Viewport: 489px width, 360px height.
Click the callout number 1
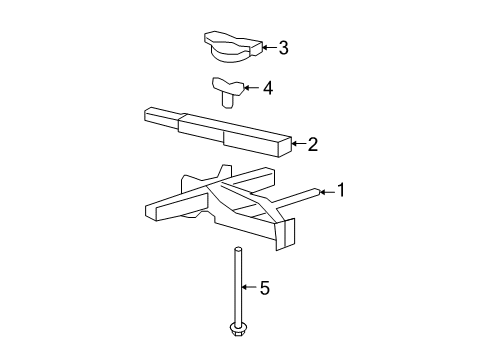tap(341, 189)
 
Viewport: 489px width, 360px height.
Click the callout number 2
tap(312, 144)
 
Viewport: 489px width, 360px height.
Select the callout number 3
tap(283, 47)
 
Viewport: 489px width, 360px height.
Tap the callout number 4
tap(267, 88)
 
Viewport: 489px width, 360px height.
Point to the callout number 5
tap(264, 289)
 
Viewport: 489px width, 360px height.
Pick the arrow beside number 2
tap(298, 144)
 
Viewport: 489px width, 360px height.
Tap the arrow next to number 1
tap(327, 189)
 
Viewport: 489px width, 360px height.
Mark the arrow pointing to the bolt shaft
tap(250, 289)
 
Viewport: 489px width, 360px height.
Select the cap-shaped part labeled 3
tap(231, 45)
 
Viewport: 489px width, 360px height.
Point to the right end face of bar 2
tap(284, 146)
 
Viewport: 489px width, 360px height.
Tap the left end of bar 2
tap(152, 118)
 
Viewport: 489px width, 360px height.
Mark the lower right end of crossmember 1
tap(287, 232)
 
